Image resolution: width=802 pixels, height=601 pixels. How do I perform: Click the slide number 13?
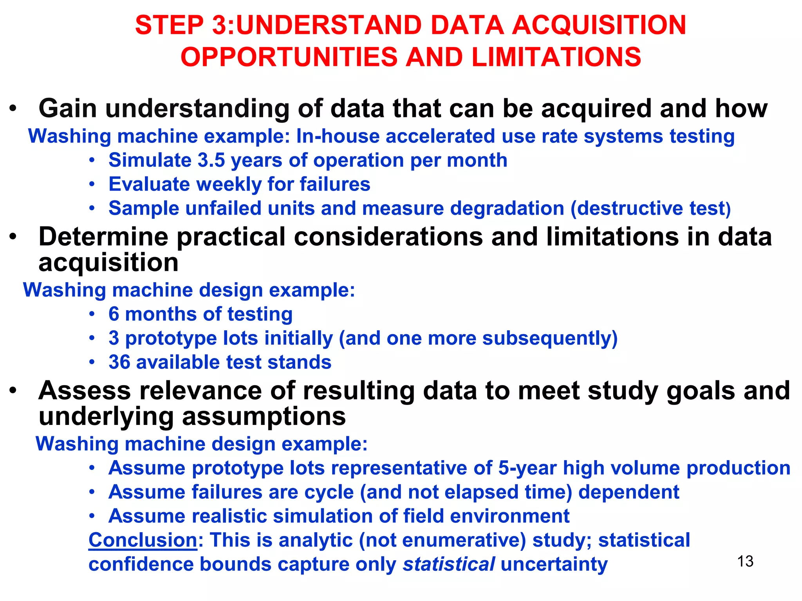(745, 561)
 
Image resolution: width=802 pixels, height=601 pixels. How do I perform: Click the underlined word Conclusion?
(143, 540)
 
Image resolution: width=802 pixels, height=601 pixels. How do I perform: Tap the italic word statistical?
(449, 564)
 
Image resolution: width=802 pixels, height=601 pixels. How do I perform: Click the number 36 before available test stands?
(119, 362)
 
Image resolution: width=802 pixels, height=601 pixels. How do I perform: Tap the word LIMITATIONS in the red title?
(556, 57)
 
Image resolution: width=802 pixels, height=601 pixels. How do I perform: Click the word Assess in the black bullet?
(85, 391)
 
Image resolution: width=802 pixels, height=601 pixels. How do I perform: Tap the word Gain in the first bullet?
(67, 108)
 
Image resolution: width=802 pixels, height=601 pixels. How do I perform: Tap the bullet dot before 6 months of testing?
(92, 314)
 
